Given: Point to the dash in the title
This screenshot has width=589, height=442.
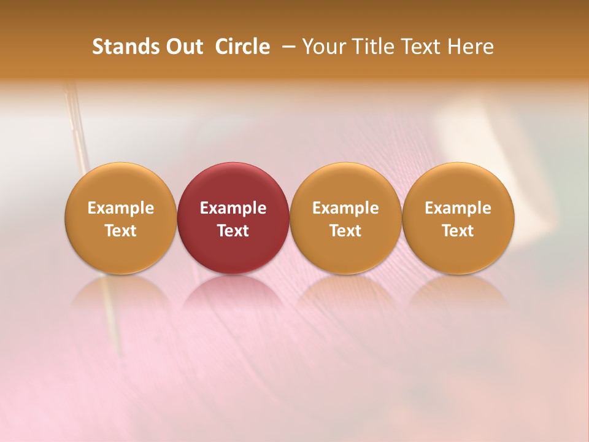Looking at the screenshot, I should click(x=287, y=47).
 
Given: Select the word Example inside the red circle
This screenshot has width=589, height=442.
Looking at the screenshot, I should click(x=233, y=208).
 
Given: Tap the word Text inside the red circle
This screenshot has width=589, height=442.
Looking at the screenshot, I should click(x=233, y=231).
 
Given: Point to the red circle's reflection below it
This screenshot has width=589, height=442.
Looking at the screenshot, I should click(x=233, y=295).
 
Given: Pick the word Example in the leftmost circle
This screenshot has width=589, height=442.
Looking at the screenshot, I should click(x=121, y=208).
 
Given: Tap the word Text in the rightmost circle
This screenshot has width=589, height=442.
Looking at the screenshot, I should click(x=458, y=231).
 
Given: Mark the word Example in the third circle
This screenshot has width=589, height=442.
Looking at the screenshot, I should click(x=345, y=208).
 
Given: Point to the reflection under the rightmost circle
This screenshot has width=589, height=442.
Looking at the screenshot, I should click(x=458, y=295).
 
